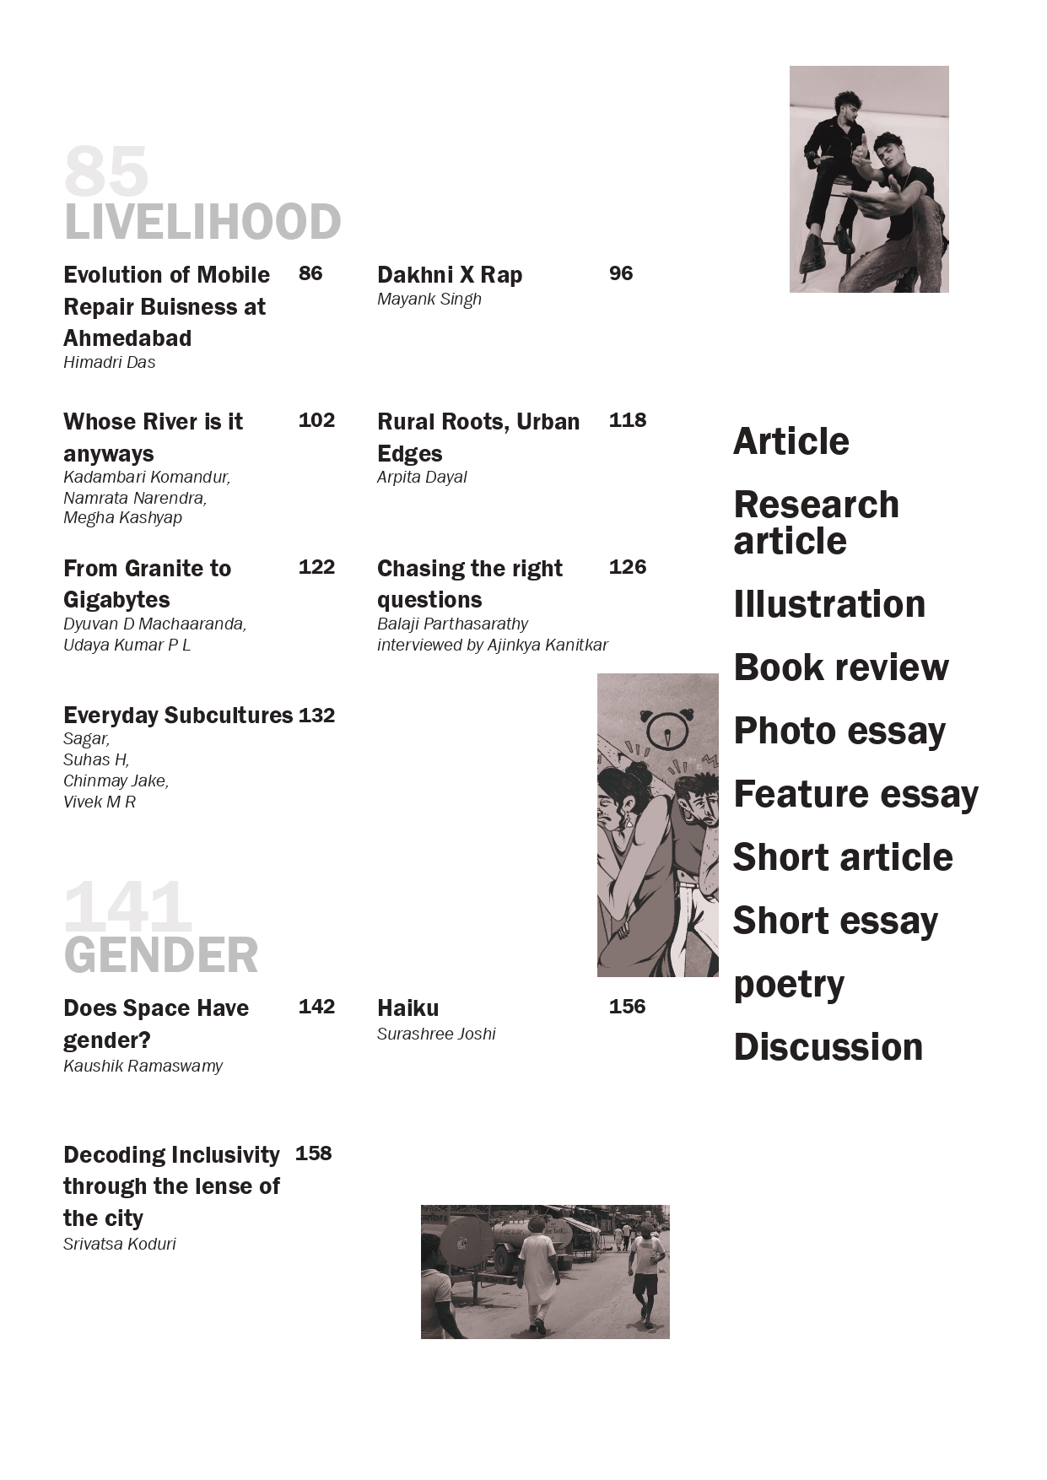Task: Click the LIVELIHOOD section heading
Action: point(202,222)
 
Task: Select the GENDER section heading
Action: point(161,955)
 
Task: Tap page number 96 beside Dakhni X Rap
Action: point(621,273)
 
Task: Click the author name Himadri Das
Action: point(110,363)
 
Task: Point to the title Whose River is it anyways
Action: point(153,437)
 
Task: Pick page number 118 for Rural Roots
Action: point(628,420)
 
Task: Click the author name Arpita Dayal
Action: point(422,478)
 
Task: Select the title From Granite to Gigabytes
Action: point(147,584)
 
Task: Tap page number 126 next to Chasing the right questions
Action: point(628,567)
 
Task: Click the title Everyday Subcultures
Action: point(178,716)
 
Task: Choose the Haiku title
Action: point(408,1008)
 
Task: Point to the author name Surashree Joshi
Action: point(436,1034)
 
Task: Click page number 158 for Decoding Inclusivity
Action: point(314,1153)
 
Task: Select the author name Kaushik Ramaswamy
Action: point(143,1067)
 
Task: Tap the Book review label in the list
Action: point(841,667)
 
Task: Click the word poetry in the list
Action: point(789,985)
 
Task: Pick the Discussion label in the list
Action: point(828,1047)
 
